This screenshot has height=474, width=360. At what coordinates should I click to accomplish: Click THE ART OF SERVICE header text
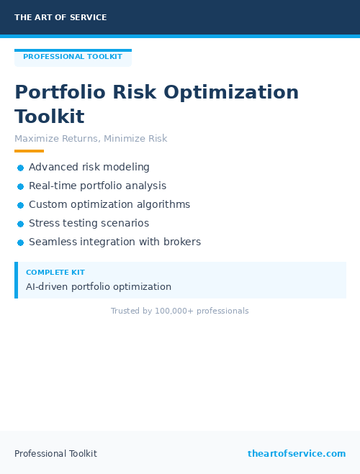(x=60, y=17)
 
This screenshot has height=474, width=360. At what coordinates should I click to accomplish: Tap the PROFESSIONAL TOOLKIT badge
(x=73, y=57)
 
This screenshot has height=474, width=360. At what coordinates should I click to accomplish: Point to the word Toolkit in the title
(x=50, y=117)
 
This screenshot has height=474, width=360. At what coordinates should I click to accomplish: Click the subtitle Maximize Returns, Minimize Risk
(x=91, y=139)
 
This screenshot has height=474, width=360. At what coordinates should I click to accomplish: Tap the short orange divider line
(x=29, y=151)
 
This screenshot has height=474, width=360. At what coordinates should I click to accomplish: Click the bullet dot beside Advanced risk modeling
(x=21, y=168)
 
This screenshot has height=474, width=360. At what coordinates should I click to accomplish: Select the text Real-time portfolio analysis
(x=97, y=186)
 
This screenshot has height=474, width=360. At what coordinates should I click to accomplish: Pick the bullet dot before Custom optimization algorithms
(x=21, y=205)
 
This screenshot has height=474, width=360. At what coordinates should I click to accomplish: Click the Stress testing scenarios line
(x=89, y=223)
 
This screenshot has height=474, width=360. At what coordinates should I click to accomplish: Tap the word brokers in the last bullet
(x=182, y=242)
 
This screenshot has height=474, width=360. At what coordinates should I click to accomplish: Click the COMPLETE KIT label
(x=55, y=273)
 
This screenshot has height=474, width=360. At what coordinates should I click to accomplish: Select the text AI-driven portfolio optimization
(x=99, y=287)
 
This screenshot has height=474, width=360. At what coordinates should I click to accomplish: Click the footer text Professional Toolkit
(x=55, y=454)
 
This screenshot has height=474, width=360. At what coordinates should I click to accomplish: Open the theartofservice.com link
(x=297, y=454)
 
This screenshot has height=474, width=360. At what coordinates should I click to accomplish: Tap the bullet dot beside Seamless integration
(x=21, y=243)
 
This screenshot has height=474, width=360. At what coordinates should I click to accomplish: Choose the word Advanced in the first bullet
(x=52, y=168)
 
